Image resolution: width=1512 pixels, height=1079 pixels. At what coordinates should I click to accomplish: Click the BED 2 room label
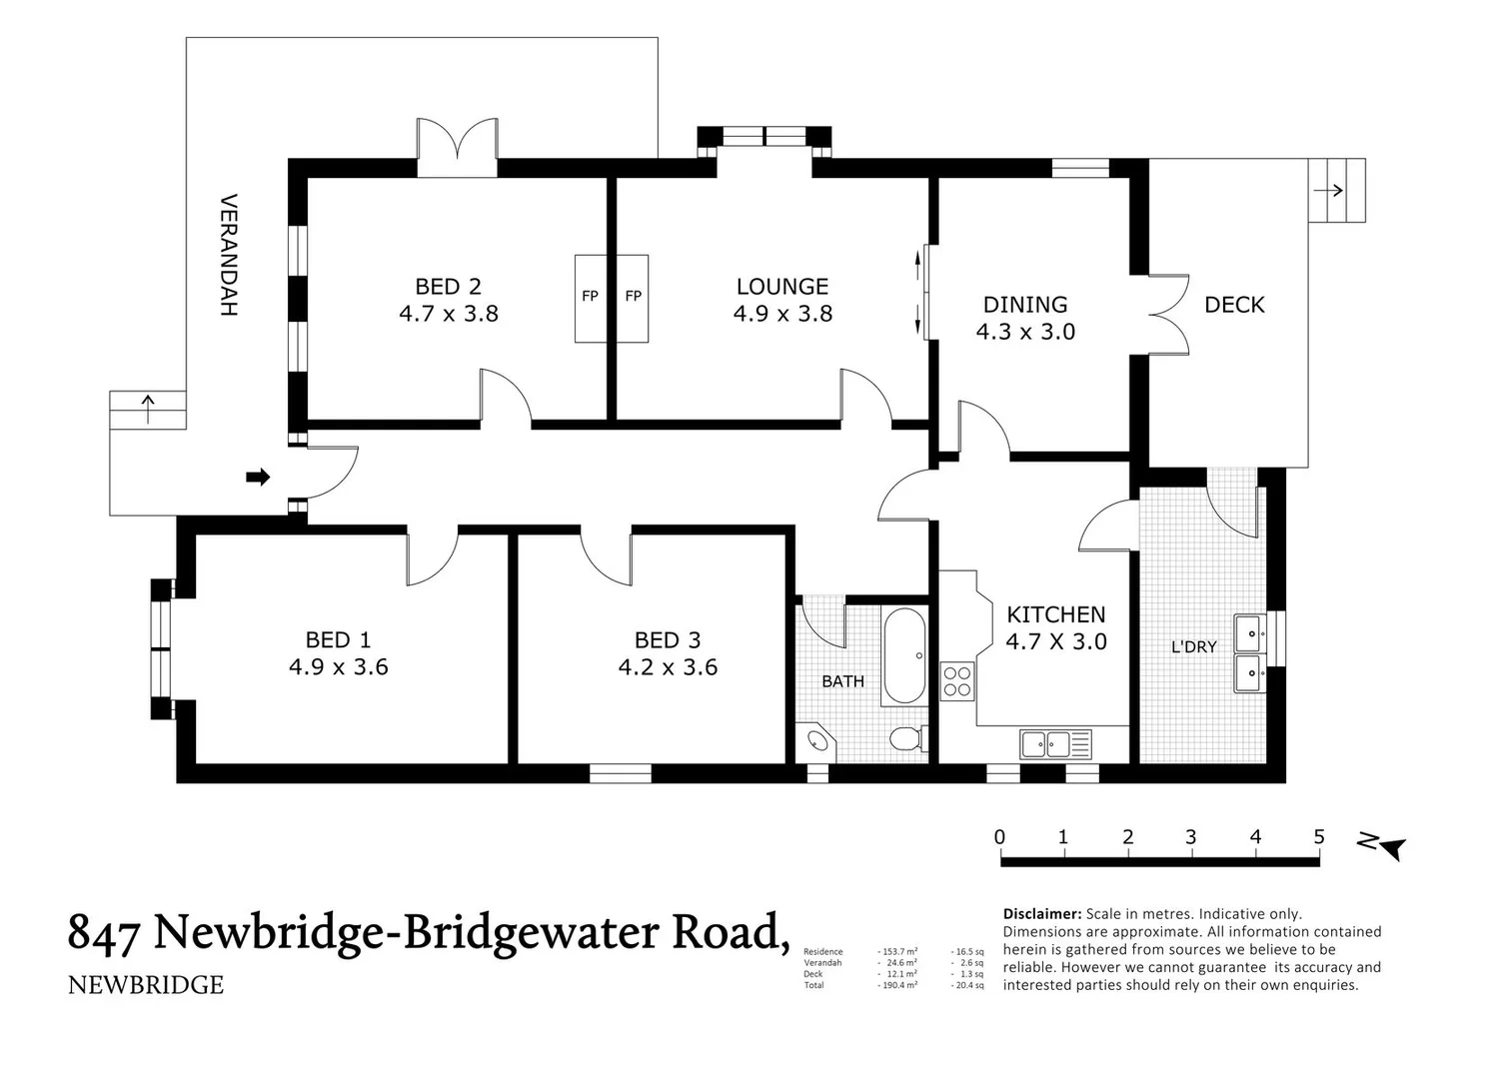(448, 287)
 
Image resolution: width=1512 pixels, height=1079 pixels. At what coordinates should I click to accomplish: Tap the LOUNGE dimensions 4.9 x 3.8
(782, 314)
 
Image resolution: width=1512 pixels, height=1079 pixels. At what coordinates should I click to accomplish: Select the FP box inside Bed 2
(591, 297)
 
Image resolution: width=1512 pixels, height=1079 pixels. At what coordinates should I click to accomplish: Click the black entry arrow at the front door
(258, 478)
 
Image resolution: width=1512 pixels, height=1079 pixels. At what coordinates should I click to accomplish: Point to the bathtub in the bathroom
(905, 655)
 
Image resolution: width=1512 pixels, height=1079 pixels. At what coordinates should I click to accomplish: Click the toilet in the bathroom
(905, 739)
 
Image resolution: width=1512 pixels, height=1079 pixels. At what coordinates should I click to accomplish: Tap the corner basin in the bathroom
(817, 741)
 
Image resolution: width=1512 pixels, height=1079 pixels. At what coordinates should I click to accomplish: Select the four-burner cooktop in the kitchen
(957, 681)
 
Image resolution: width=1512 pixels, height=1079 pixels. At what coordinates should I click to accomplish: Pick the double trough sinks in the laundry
(1248, 653)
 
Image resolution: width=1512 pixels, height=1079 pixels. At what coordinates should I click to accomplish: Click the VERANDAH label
(229, 255)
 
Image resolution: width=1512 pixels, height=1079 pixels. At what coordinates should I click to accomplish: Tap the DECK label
(1234, 305)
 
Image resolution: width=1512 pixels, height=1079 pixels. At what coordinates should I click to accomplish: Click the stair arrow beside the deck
(1329, 190)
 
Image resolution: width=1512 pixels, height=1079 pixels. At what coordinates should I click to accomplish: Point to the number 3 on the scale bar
(1190, 837)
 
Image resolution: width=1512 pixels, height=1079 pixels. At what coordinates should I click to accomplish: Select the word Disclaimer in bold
(1041, 913)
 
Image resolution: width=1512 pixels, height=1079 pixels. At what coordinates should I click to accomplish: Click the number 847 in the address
(103, 932)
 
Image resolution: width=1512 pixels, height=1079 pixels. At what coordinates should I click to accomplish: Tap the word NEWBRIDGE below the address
(146, 985)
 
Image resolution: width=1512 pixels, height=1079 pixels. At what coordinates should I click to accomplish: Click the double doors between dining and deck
(1169, 314)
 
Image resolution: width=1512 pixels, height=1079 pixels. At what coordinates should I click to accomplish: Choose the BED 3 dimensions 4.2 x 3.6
(668, 667)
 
